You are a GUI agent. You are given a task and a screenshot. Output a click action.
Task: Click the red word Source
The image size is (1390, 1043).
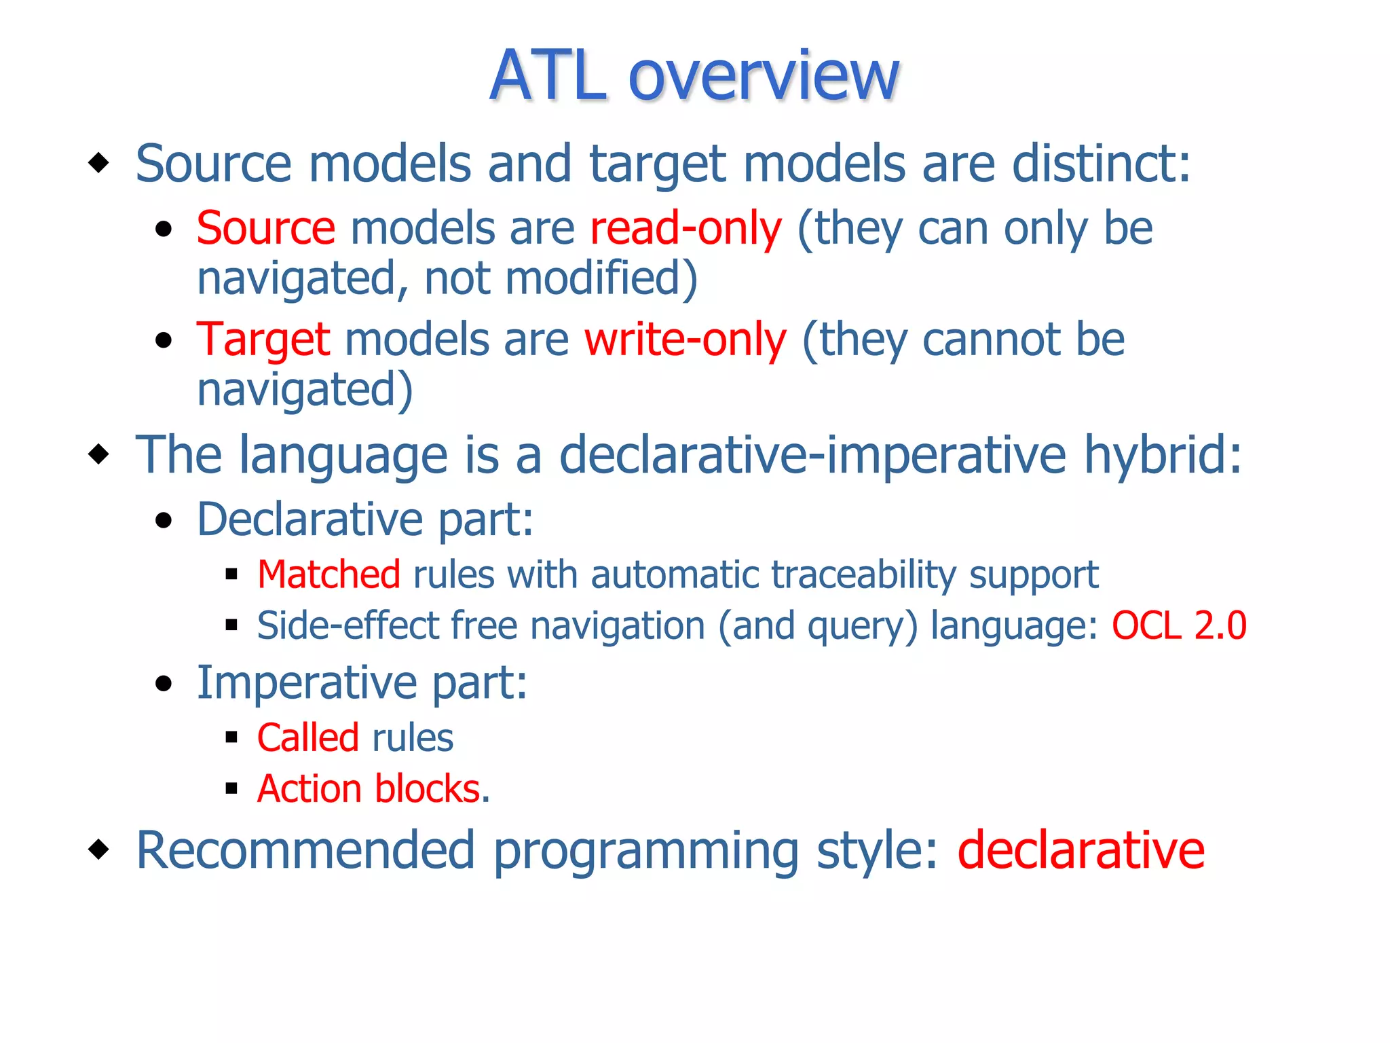click(265, 228)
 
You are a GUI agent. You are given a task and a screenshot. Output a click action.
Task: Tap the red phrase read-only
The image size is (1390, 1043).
click(685, 228)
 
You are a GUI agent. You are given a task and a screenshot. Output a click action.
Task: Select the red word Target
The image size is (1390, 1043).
click(263, 340)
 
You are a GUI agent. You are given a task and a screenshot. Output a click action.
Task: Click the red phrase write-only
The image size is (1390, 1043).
click(685, 340)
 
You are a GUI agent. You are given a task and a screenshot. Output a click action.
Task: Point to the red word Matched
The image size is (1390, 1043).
click(328, 574)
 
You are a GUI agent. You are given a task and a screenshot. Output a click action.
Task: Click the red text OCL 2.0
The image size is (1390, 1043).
click(1178, 625)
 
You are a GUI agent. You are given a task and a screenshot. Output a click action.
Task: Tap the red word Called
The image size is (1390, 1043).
click(307, 738)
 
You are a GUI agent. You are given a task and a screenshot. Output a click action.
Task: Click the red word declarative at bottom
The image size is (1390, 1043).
click(1081, 850)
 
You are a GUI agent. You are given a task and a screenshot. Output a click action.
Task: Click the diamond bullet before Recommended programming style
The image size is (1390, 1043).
click(99, 849)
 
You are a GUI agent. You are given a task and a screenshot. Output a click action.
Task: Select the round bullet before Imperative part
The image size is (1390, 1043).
click(164, 683)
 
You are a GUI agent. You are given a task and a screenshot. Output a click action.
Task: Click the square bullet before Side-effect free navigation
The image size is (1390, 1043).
click(231, 625)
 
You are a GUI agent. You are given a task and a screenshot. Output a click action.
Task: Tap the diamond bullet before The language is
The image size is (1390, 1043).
click(99, 454)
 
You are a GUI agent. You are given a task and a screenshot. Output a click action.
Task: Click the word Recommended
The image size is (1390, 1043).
click(305, 850)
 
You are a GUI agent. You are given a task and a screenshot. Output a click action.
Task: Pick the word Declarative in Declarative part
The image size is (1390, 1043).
click(309, 519)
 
